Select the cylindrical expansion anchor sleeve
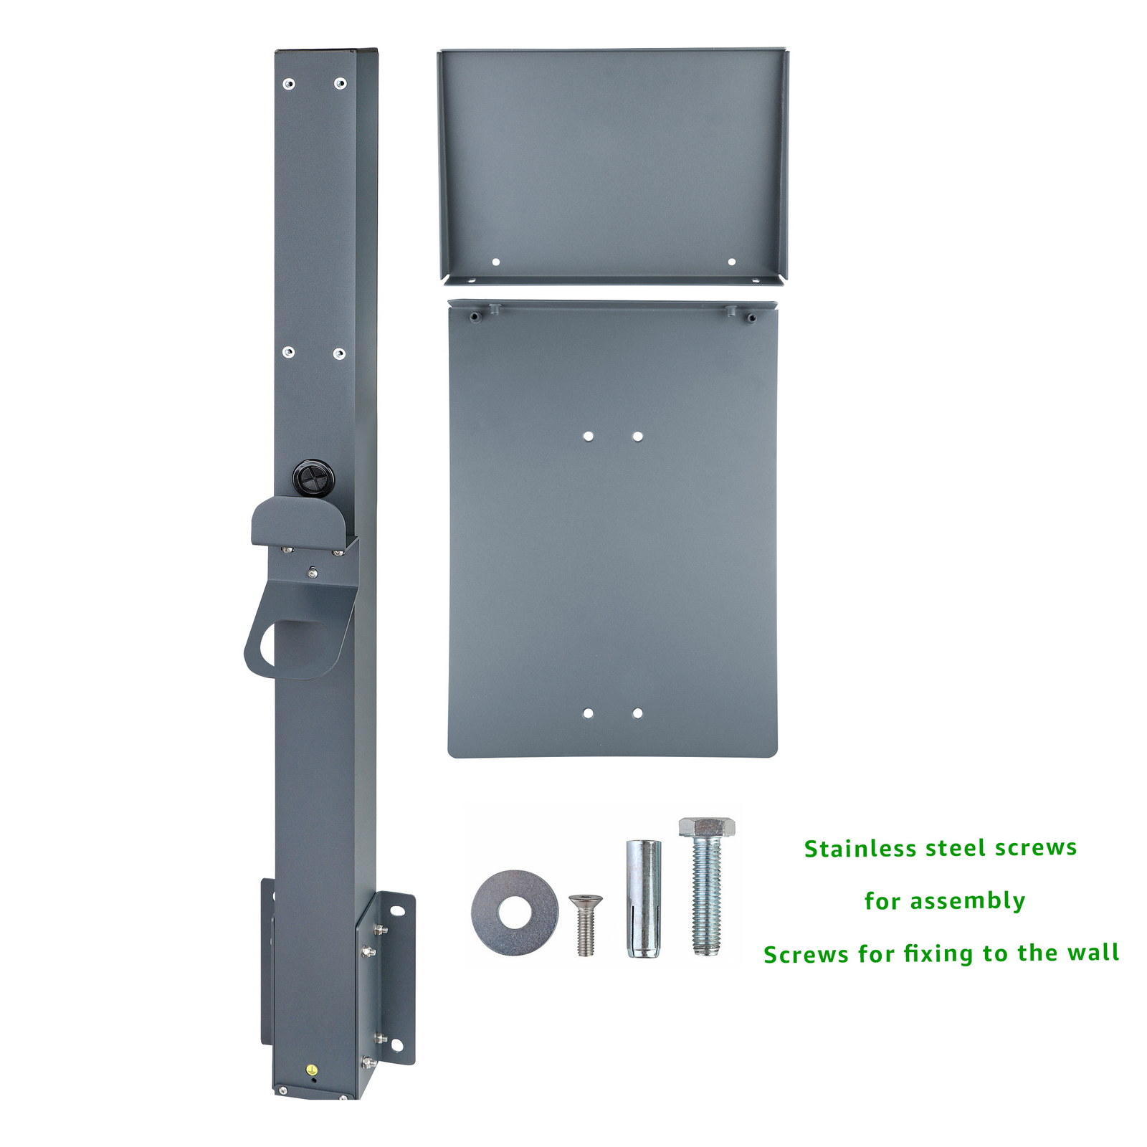644,898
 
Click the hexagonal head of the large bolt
708,827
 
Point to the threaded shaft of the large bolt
708,896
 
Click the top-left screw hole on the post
288,84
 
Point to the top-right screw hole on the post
340,84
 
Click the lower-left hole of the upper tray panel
495,262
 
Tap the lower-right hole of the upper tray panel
731,262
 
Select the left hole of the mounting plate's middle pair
588,436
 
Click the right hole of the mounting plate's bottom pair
637,713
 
